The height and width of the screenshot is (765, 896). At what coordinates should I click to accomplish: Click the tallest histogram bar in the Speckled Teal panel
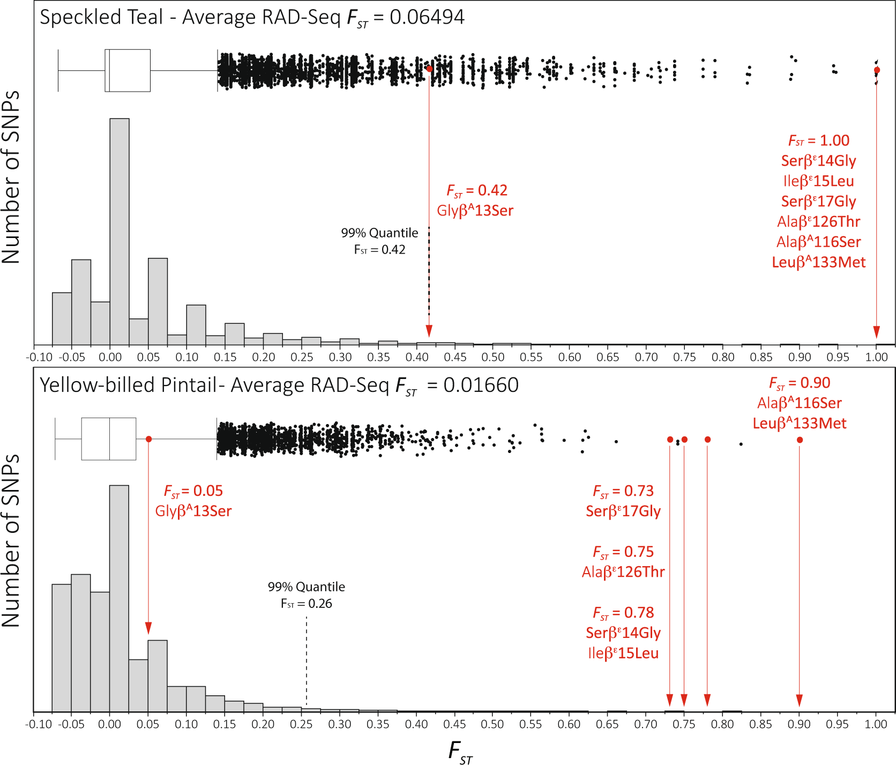coord(120,231)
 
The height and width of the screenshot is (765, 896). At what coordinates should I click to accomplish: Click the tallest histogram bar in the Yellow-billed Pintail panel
coord(119,598)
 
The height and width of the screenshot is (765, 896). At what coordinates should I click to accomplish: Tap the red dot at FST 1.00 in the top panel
coord(877,70)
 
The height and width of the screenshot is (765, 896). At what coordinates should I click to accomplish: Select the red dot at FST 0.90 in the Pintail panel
coord(800,440)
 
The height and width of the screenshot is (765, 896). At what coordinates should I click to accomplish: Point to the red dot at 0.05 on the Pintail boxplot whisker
coord(149,439)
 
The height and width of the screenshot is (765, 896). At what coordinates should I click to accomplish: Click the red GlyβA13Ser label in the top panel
coord(475,211)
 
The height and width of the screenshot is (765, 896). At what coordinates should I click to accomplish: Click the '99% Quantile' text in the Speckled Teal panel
coord(379,233)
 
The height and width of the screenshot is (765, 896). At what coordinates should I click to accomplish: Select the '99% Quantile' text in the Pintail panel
coord(306,587)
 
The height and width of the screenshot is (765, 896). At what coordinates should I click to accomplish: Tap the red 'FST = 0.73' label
coord(623,491)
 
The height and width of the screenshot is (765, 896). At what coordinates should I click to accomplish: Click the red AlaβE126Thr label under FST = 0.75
coord(623,572)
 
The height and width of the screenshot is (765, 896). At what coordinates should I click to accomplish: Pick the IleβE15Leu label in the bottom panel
coord(623,653)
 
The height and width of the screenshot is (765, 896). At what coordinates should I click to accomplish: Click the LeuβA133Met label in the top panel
coord(818,262)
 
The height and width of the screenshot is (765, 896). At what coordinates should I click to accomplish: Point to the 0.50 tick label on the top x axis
coord(492,357)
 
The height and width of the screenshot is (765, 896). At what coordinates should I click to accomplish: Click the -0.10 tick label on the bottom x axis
coord(39,724)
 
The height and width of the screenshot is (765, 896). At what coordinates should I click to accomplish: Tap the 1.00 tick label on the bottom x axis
coord(876,724)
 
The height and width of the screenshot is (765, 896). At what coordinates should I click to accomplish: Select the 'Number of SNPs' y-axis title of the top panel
coord(11,177)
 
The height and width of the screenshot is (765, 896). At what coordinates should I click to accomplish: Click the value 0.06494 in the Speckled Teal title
coord(427,17)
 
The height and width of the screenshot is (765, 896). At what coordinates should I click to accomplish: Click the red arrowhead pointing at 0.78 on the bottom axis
coord(707,700)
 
